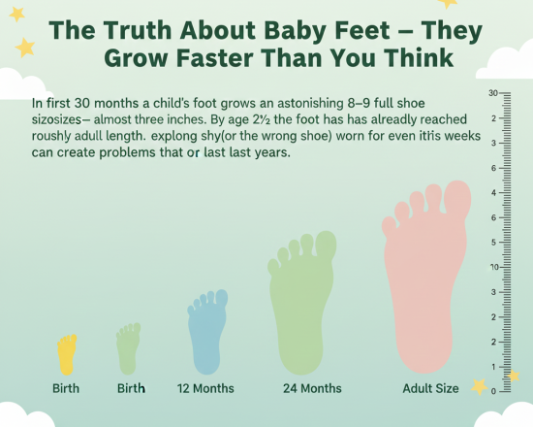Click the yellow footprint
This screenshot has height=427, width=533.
click(x=66, y=355)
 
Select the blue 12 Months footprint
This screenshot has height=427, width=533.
click(x=205, y=335)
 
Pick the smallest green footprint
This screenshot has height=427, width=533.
click(x=128, y=349)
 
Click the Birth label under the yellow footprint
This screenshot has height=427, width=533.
click(x=66, y=388)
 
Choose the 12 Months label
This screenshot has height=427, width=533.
click(x=205, y=388)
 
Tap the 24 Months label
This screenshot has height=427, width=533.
click(x=312, y=388)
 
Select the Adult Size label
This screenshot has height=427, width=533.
click(x=430, y=388)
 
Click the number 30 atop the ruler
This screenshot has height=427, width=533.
click(x=493, y=93)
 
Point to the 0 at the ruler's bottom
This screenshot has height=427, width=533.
click(x=494, y=390)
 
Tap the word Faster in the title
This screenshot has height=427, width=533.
click(x=200, y=58)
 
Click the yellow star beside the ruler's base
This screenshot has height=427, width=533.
click(x=479, y=386)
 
